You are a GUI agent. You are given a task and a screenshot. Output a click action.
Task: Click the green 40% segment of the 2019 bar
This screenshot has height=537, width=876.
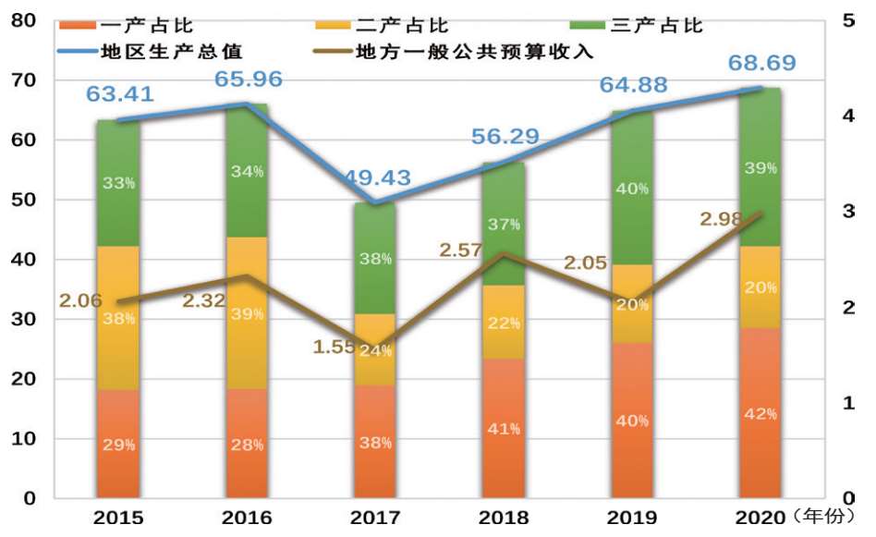(x=632, y=189)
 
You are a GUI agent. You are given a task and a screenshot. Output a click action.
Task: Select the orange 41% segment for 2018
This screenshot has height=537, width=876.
(x=504, y=428)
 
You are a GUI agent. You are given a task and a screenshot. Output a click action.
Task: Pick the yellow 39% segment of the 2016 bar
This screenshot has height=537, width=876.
(x=248, y=313)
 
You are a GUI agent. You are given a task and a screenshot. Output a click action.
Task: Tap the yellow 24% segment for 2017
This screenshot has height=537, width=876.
(x=374, y=351)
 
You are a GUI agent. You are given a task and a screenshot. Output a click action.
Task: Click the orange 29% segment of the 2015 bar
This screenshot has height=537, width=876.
(x=118, y=445)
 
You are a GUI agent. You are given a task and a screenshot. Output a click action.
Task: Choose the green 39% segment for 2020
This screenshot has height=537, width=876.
(x=760, y=167)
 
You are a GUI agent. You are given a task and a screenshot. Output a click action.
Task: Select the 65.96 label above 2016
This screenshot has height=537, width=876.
(x=248, y=79)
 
